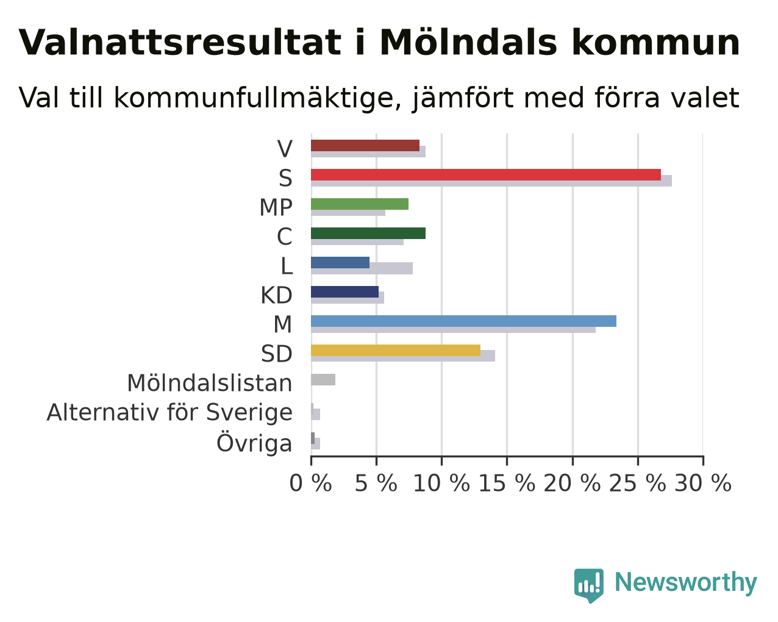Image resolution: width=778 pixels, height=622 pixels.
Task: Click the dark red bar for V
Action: [x=365, y=145]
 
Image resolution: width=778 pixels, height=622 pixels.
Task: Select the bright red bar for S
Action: [x=486, y=174]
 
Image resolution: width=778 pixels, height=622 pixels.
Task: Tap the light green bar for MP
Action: [x=360, y=204]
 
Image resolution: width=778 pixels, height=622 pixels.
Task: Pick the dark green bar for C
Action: [x=368, y=233]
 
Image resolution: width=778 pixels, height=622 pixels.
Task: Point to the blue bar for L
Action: [x=340, y=263]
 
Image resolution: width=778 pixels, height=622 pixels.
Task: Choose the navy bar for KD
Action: [x=345, y=292]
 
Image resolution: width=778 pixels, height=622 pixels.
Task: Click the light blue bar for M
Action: [x=463, y=321]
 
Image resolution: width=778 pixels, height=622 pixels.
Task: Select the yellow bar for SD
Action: [x=396, y=351]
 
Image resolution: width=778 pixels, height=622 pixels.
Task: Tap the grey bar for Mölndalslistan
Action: [x=323, y=380]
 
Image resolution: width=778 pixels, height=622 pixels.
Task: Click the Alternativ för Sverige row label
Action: [x=170, y=413]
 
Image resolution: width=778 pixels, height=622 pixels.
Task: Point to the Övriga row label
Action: [x=254, y=443]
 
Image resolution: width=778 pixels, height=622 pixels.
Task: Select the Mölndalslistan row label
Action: [x=210, y=383]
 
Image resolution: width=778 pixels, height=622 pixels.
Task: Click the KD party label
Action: [x=277, y=295]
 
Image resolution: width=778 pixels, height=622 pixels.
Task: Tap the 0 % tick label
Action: [x=310, y=483]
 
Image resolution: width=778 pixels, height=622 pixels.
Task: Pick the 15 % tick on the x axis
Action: [x=507, y=461]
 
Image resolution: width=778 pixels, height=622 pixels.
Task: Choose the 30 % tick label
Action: [x=703, y=483]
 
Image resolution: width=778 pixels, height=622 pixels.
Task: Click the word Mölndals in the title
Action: [x=468, y=43]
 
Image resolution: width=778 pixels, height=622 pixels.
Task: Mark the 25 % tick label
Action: [x=638, y=483]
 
